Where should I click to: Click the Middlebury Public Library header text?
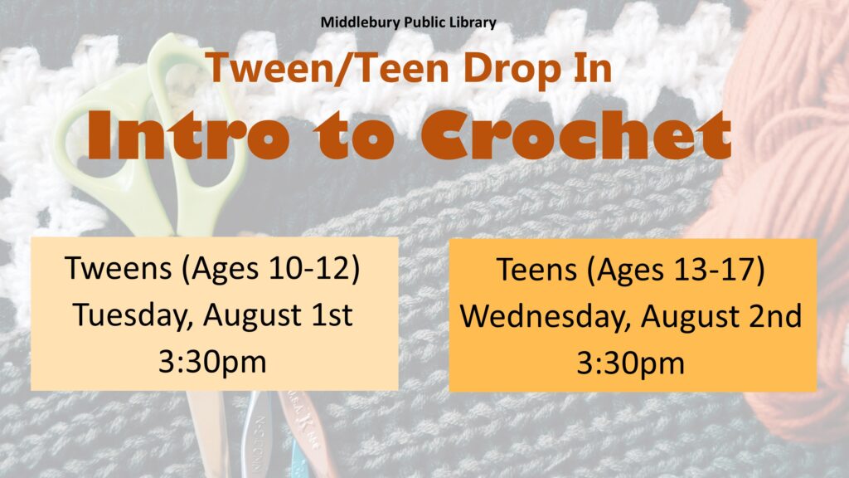pos(408,22)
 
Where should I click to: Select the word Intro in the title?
pos(189,135)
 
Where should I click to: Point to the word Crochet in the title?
pos(576,135)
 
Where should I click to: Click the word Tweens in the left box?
pos(118,268)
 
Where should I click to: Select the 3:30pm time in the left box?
pos(212,362)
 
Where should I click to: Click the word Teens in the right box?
pos(536,270)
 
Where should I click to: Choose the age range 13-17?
pos(715,270)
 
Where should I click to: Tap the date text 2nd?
pos(775,316)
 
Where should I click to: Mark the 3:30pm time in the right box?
pos(630,363)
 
